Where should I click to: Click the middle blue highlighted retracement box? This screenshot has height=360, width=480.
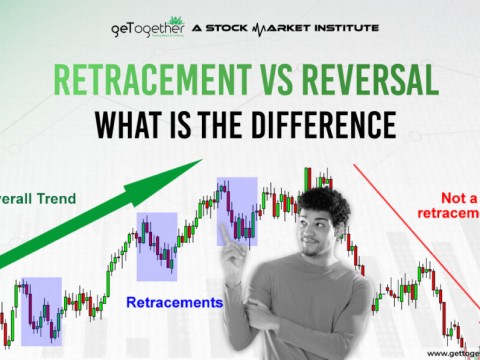point(157,246)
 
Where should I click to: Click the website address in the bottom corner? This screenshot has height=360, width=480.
point(451,353)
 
